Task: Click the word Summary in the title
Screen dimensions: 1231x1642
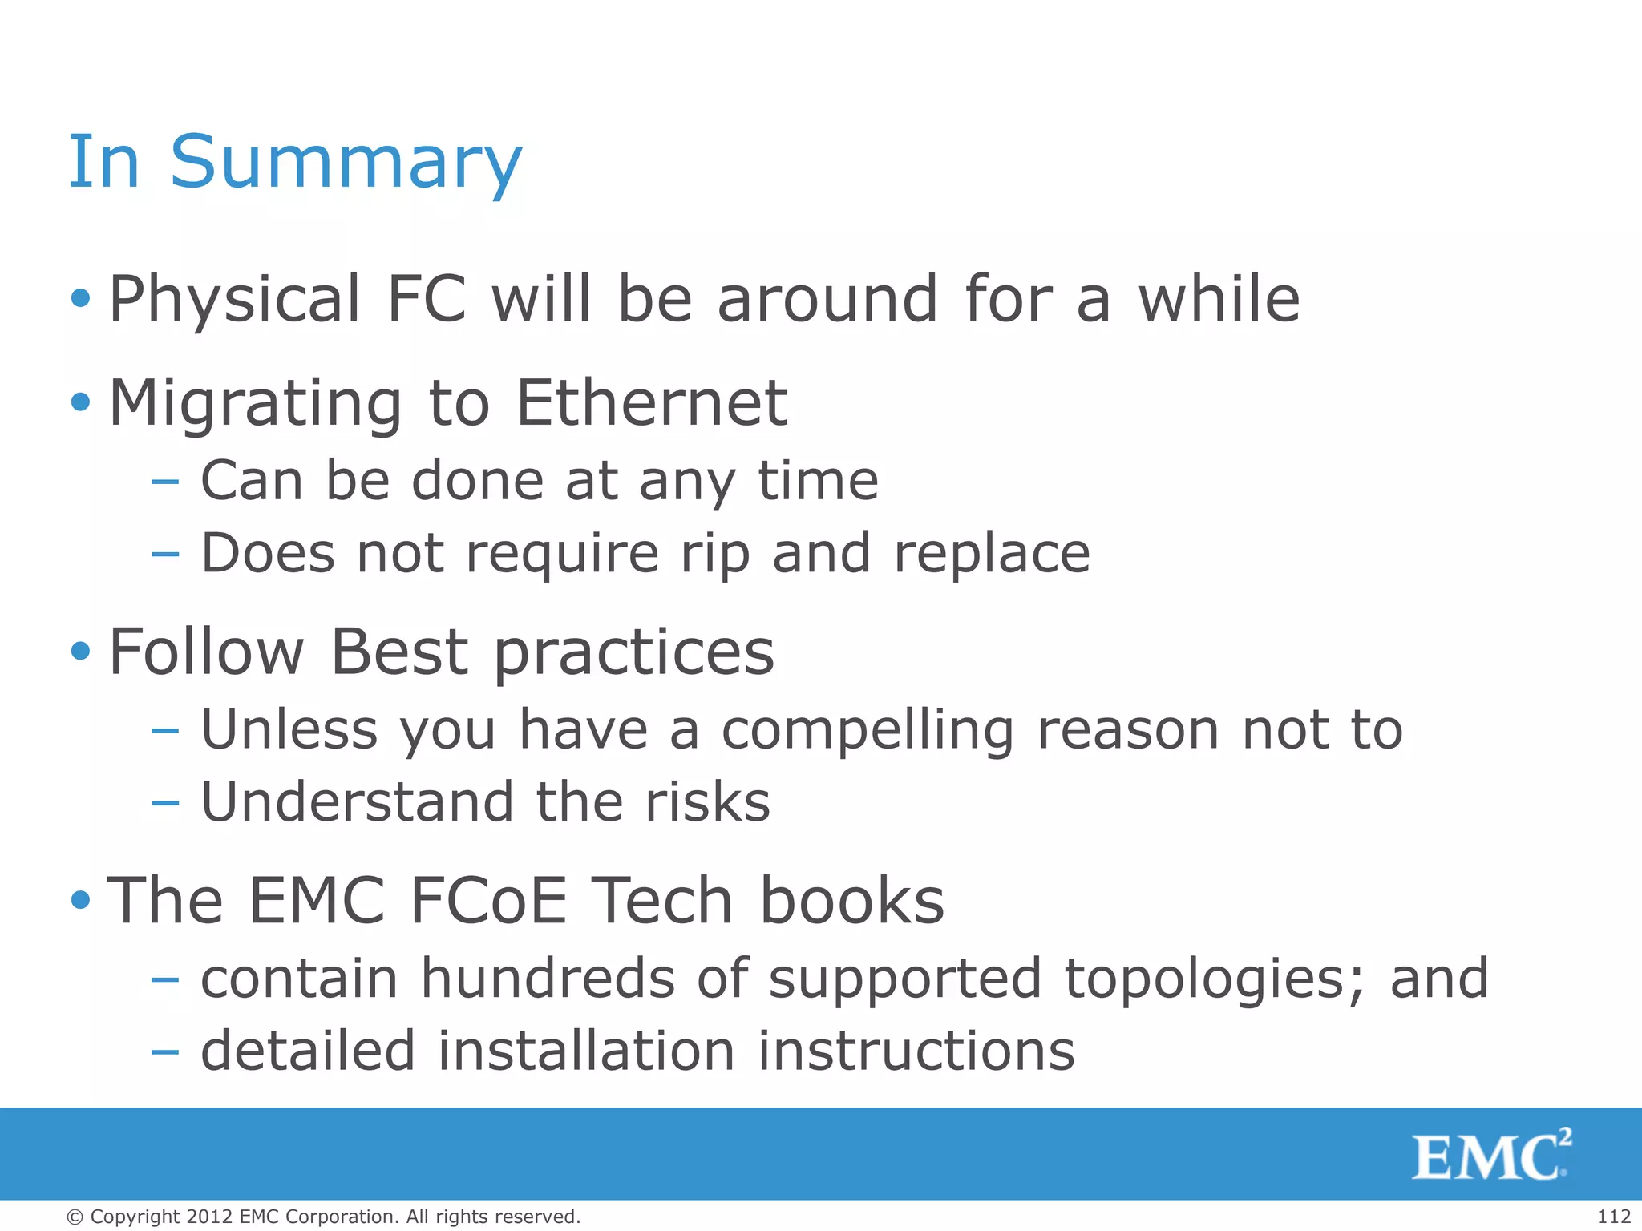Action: point(346,163)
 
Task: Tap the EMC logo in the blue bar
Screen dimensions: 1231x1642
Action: point(1490,1155)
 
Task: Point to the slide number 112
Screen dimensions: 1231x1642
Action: point(1614,1217)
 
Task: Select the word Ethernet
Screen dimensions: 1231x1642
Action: point(652,403)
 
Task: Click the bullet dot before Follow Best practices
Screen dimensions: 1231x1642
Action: point(80,651)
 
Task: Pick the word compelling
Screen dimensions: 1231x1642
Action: point(868,731)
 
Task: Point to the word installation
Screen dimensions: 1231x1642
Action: point(586,1051)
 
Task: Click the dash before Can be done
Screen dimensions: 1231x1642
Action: point(165,482)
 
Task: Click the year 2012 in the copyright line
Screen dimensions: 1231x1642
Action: point(210,1217)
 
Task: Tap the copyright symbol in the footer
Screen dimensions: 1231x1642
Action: point(75,1217)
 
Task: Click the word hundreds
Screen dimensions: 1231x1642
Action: point(548,979)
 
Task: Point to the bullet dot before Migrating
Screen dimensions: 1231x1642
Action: point(80,402)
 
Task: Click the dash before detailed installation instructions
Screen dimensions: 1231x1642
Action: point(165,1052)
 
